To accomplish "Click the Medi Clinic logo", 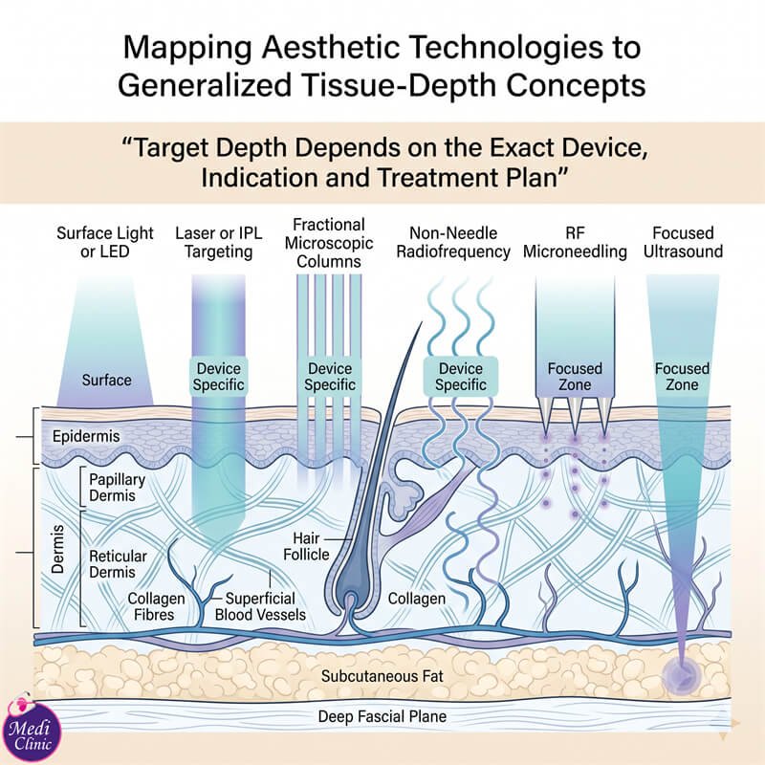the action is pyautogui.click(x=32, y=731).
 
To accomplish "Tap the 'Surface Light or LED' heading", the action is pyautogui.click(x=105, y=242).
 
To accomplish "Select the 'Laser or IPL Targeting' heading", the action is pyautogui.click(x=219, y=242).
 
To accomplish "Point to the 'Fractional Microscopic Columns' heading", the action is pyautogui.click(x=329, y=243).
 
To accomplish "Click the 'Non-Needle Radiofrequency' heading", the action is pyautogui.click(x=453, y=242).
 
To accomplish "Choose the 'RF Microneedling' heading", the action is pyautogui.click(x=575, y=242).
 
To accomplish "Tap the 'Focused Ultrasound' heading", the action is pyautogui.click(x=683, y=242).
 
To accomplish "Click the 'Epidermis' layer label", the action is pyautogui.click(x=86, y=436).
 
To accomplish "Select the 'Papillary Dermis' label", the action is pyautogui.click(x=117, y=488).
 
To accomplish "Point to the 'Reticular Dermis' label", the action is pyautogui.click(x=118, y=563).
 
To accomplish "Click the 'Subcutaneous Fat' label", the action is pyautogui.click(x=382, y=676).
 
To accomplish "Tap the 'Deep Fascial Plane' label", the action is pyautogui.click(x=382, y=716).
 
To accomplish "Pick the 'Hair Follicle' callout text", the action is pyautogui.click(x=306, y=546).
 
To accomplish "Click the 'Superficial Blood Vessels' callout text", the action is pyautogui.click(x=260, y=606).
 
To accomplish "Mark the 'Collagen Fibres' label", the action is pyautogui.click(x=156, y=606).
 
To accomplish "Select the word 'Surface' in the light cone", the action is pyautogui.click(x=106, y=380).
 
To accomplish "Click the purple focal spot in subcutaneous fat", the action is pyautogui.click(x=682, y=676).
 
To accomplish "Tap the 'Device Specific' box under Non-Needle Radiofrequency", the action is pyautogui.click(x=461, y=376).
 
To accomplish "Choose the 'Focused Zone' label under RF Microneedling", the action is pyautogui.click(x=575, y=376).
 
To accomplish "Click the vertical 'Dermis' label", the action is pyautogui.click(x=57, y=549).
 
